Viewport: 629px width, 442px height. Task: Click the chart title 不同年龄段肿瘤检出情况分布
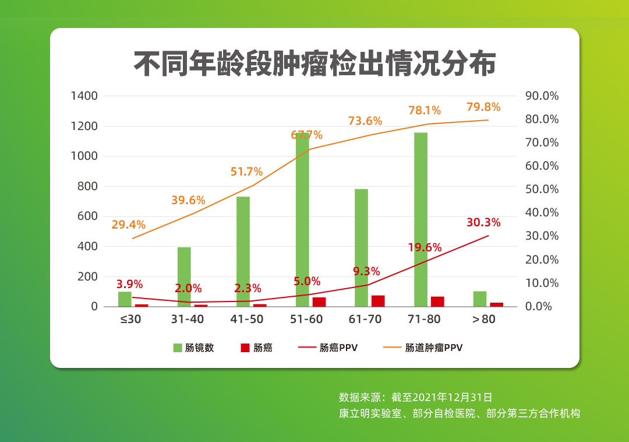point(314,64)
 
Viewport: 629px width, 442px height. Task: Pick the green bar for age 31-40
point(184,276)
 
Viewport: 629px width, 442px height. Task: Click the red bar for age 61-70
point(378,301)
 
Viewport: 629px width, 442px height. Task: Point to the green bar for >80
point(480,299)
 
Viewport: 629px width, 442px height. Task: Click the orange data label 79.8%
point(483,107)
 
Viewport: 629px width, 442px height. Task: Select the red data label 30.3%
point(483,222)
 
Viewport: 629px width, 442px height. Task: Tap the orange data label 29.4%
point(129,225)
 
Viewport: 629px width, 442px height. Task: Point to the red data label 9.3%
point(366,271)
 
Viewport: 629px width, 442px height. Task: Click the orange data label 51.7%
point(246,172)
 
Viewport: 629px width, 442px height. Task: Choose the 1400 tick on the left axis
point(84,96)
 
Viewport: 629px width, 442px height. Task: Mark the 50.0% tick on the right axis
point(542,190)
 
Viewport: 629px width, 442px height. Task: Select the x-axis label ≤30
point(131,320)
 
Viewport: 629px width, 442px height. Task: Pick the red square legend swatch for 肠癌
point(245,348)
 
